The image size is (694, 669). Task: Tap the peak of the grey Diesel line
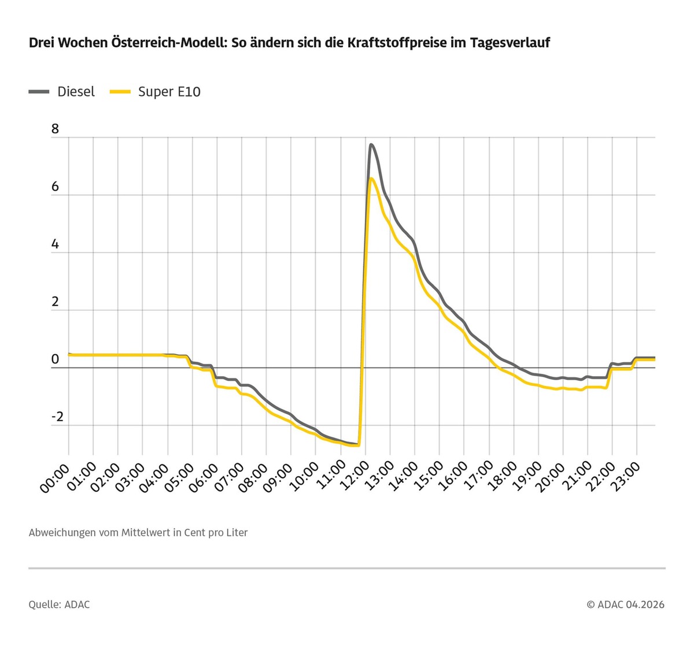(371, 144)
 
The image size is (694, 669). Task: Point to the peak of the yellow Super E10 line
(371, 179)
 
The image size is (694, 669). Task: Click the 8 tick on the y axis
(55, 129)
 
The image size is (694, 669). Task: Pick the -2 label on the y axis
(57, 417)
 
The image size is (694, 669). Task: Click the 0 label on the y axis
(55, 359)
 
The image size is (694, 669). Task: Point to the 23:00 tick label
(625, 477)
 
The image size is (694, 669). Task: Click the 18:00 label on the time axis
(501, 477)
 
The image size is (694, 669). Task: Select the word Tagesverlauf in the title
(510, 43)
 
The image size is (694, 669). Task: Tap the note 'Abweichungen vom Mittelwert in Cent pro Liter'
(138, 533)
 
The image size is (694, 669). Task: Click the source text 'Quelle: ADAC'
(59, 605)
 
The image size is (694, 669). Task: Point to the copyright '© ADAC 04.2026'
(625, 605)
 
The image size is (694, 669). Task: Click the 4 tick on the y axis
(55, 244)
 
